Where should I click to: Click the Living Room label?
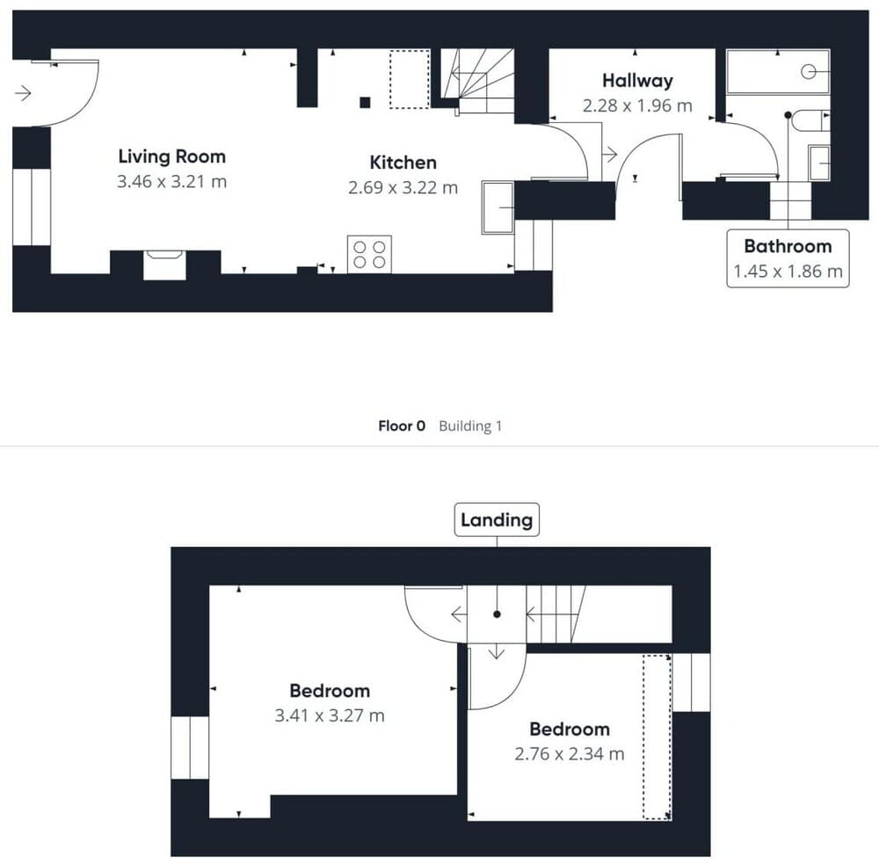tap(171, 156)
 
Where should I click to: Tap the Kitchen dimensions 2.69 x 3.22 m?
tap(402, 187)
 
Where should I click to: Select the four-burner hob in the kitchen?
tap(369, 254)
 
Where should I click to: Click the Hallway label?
tap(637, 81)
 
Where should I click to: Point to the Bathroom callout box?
tap(788, 258)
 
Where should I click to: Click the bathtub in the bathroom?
tap(778, 72)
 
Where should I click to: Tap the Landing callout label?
tap(497, 519)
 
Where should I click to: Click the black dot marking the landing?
tap(497, 614)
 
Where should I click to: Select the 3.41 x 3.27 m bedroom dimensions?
tap(330, 715)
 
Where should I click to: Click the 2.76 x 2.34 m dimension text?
tap(570, 753)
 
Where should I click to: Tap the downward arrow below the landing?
tap(496, 651)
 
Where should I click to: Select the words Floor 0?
tap(402, 426)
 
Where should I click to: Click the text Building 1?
tap(470, 426)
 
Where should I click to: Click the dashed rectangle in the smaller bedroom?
tap(656, 737)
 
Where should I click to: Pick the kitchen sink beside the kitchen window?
tap(498, 207)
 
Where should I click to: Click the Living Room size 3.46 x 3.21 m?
tap(171, 182)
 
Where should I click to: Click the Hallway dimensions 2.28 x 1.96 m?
tap(637, 105)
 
